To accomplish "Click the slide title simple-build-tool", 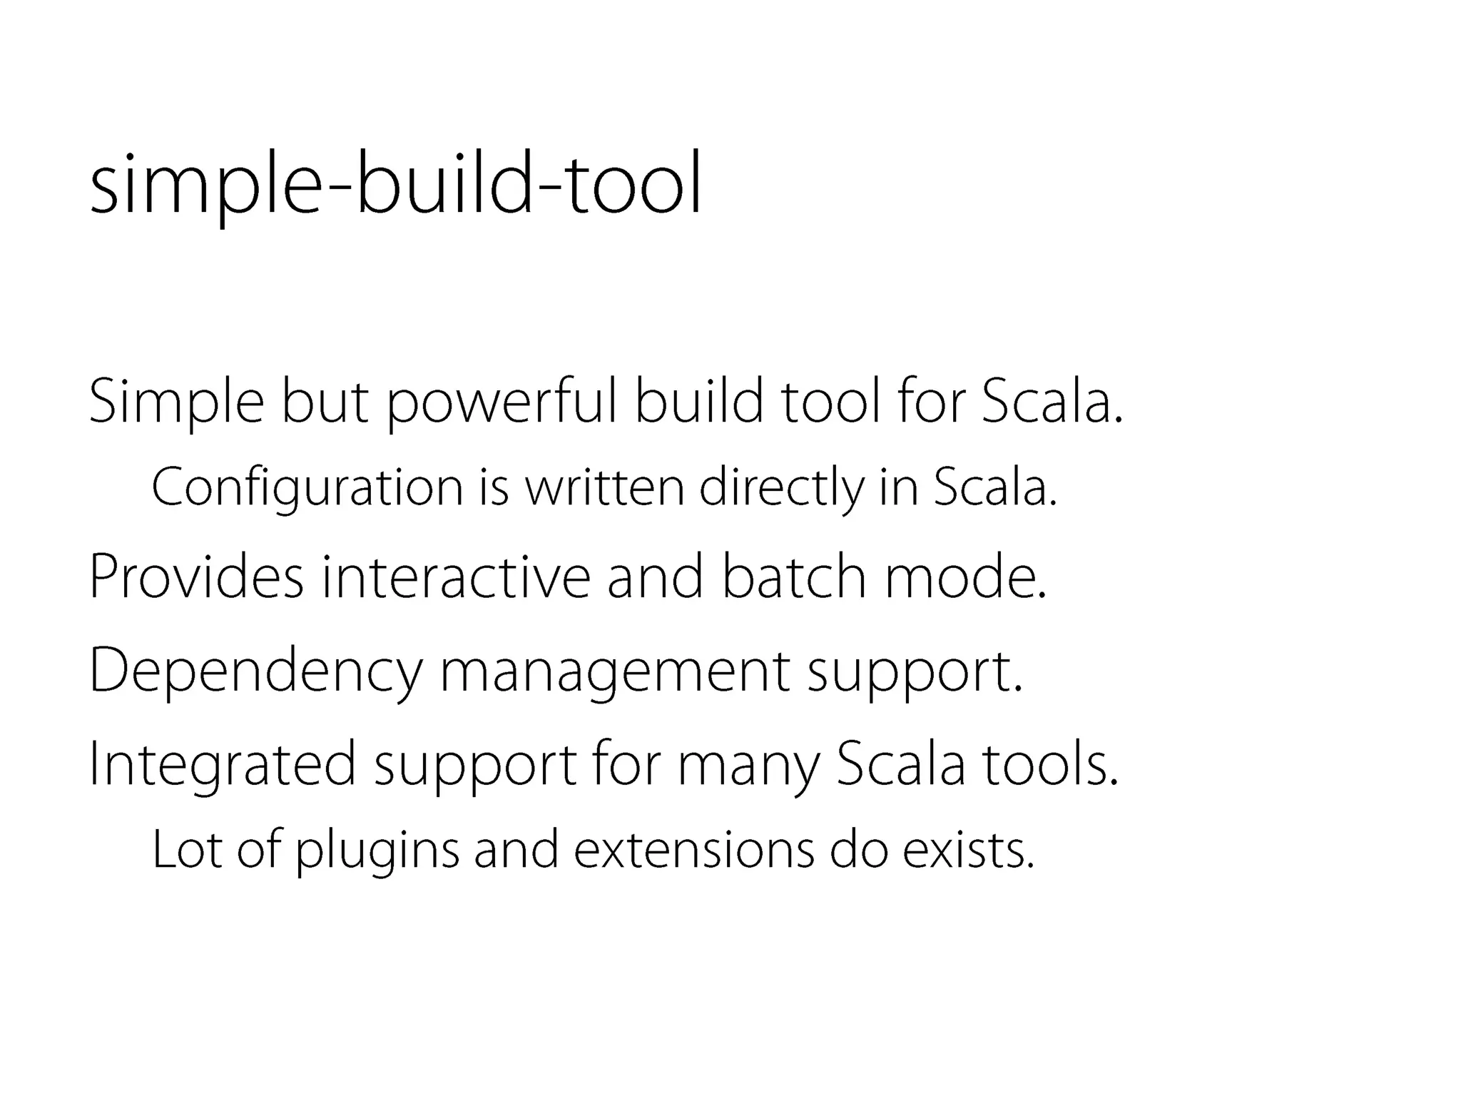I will [396, 183].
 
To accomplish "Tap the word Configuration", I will [307, 489].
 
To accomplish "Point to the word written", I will [604, 487].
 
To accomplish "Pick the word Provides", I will [196, 577].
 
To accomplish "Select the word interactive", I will [456, 577].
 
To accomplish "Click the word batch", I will [793, 577].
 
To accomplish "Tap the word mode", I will [965, 577].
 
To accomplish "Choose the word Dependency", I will [255, 671].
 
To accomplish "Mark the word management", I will [614, 671].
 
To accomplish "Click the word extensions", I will [693, 850].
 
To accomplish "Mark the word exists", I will [968, 850].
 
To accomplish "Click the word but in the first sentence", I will [325, 402].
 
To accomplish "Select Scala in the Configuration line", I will [994, 487].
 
